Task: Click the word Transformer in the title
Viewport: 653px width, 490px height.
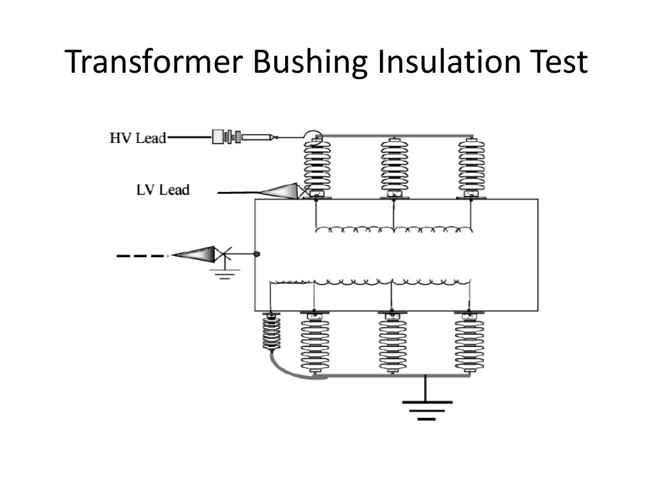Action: point(152,62)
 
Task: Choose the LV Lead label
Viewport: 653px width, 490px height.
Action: point(163,190)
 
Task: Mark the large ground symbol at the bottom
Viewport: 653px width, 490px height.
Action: point(427,409)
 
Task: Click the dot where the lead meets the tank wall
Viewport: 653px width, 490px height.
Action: point(257,254)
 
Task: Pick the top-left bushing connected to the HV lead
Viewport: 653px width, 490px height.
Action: point(317,166)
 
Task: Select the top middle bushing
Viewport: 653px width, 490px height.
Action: point(394,166)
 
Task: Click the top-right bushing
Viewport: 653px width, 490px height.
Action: point(471,166)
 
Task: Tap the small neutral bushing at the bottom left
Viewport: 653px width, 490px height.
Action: point(271,332)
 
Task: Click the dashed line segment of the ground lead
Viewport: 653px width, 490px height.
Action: point(142,256)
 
